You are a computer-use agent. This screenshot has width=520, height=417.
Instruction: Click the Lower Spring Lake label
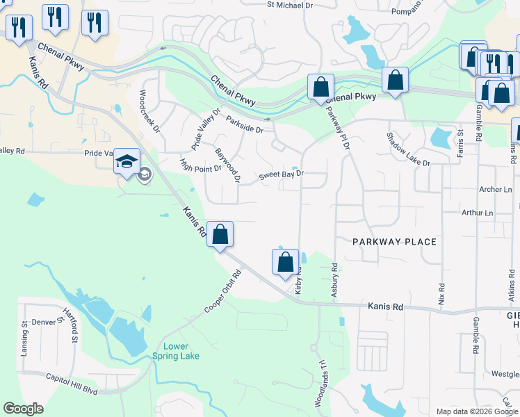point(176,351)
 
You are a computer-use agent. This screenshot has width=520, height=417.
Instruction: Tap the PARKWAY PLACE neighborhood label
point(394,242)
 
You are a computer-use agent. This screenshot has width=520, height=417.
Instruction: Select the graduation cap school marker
point(127,162)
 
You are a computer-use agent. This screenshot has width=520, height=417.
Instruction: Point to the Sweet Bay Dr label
point(282,175)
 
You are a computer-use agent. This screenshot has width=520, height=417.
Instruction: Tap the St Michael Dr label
point(290,5)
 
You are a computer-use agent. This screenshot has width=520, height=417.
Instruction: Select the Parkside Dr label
point(245,124)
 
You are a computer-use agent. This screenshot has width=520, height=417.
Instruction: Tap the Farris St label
point(460,142)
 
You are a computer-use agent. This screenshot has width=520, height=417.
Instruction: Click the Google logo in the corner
point(23,409)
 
